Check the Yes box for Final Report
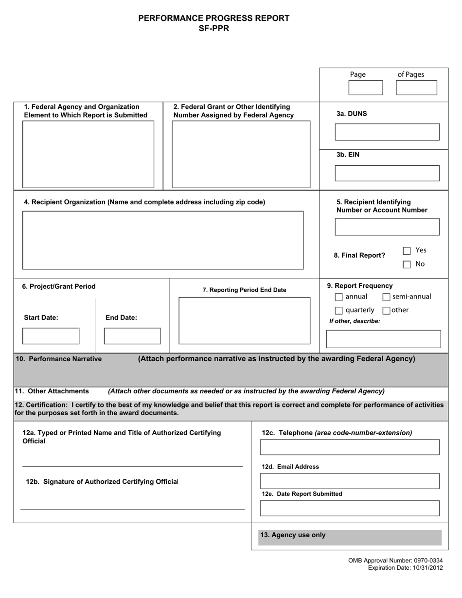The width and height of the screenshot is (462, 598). (x=407, y=251)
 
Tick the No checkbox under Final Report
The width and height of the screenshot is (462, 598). (x=407, y=264)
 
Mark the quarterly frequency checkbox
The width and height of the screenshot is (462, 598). (x=339, y=311)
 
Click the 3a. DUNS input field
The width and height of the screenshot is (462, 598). (x=387, y=132)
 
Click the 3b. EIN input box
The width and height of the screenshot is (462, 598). (x=387, y=174)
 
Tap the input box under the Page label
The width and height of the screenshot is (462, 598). (x=366, y=88)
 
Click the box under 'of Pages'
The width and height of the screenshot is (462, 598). (x=416, y=88)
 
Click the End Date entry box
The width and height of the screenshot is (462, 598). (x=132, y=336)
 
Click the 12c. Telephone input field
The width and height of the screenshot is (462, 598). (x=350, y=447)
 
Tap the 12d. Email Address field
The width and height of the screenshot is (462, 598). (x=350, y=481)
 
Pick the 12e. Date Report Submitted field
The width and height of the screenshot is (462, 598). (x=350, y=508)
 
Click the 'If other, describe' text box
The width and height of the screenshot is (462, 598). (x=383, y=339)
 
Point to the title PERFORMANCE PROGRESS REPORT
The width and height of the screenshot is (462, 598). (x=214, y=18)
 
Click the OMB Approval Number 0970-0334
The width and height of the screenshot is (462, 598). (x=395, y=561)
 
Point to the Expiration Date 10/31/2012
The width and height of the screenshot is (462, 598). (x=405, y=567)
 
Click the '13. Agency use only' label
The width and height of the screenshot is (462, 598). (x=293, y=535)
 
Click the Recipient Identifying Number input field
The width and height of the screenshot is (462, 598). (x=387, y=227)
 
